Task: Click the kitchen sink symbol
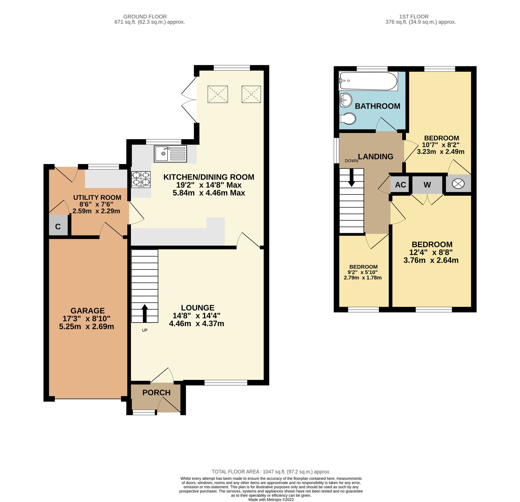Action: point(170,154)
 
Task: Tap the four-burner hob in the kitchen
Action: point(141,179)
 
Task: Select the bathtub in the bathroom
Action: point(368,81)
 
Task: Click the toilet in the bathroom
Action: point(348,119)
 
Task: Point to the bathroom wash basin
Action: point(346,100)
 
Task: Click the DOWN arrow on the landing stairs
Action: point(352,178)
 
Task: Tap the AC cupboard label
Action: point(400,185)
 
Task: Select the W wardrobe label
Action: point(427,185)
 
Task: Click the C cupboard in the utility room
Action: point(58,226)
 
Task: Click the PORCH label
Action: point(156,393)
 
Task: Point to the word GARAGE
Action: point(88,311)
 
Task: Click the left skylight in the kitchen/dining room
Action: point(218,94)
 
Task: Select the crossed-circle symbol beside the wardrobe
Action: point(458,184)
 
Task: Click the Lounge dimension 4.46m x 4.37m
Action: point(196,324)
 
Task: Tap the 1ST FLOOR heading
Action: point(414,16)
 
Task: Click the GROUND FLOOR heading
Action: point(145,16)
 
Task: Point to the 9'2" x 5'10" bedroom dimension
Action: point(362,272)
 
